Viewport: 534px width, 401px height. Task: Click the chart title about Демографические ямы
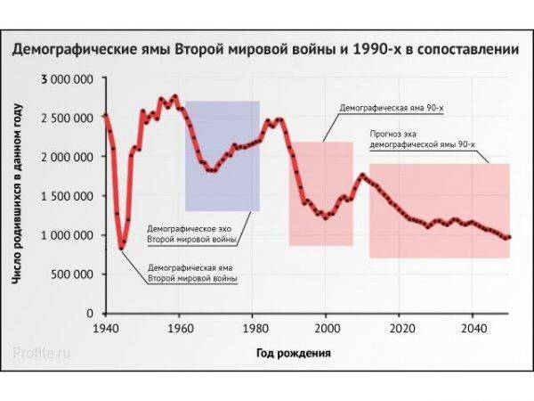tap(265, 50)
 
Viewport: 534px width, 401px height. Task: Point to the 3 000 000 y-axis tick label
tap(68, 80)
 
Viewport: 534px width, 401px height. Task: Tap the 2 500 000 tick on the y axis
tap(68, 119)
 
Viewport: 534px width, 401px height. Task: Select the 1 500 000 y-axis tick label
tap(68, 196)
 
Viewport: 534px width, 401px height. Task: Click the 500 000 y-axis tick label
tap(73, 274)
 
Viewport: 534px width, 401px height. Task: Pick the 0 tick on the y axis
tap(91, 314)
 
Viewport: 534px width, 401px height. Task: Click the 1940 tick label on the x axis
tap(106, 326)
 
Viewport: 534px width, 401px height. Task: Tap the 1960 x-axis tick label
tap(179, 326)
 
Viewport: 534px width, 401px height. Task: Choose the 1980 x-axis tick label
tap(253, 326)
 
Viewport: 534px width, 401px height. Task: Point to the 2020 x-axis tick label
tap(400, 326)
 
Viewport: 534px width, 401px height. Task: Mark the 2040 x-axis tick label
tap(473, 326)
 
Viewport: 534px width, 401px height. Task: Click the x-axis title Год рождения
tap(294, 353)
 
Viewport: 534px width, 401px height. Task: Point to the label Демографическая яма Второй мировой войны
tap(191, 273)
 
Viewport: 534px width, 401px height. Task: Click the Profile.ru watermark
tap(42, 353)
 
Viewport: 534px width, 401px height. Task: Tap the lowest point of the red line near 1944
tap(122, 247)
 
